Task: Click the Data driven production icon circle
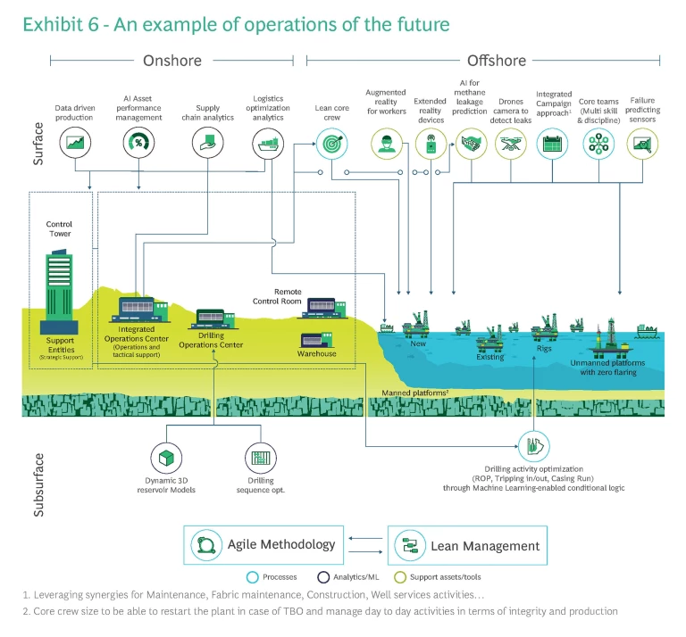pos(76,142)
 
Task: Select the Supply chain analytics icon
pos(207,142)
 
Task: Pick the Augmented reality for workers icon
pos(386,143)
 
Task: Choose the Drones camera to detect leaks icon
pos(512,143)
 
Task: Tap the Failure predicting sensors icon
pos(642,143)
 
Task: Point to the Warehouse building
pos(318,340)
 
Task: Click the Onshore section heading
pos(172,61)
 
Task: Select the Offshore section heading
pos(497,61)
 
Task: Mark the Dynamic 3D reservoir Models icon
pos(166,459)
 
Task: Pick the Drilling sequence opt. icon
pos(261,459)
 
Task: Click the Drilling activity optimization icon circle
pos(534,445)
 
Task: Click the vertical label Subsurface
pos(39,484)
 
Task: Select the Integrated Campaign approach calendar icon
pos(554,143)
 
